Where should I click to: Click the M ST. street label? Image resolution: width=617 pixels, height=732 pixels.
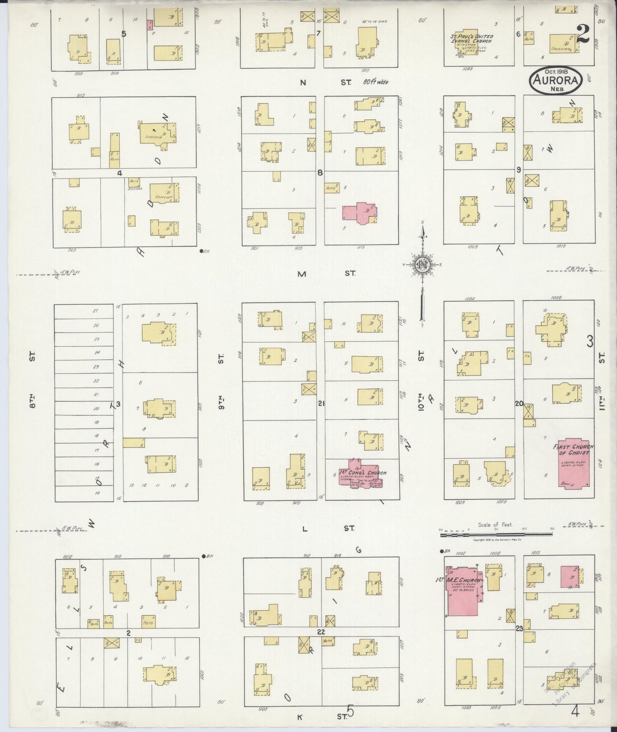pos(325,274)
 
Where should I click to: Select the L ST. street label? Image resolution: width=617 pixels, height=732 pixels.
pos(326,529)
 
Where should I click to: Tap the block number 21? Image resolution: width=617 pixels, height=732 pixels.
pos(321,402)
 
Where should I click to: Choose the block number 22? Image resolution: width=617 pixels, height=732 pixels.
pos(321,631)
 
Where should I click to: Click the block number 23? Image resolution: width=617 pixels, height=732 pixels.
pos(519,628)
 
